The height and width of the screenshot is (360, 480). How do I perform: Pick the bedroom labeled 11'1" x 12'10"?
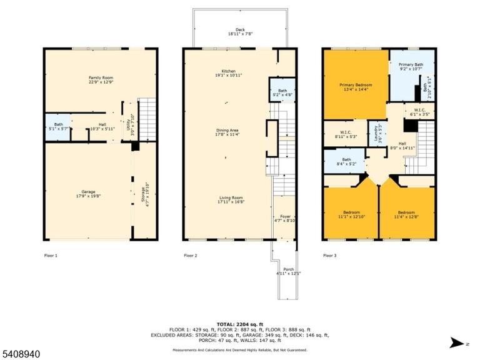pos(351,214)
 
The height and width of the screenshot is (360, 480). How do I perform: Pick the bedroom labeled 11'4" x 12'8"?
pos(406,214)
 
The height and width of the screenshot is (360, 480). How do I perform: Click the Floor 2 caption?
pos(191,255)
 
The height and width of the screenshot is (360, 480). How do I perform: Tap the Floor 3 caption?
pos(330,255)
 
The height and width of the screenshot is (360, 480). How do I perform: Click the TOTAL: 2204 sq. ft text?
pos(240,324)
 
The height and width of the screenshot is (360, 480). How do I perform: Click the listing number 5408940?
pos(20,354)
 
